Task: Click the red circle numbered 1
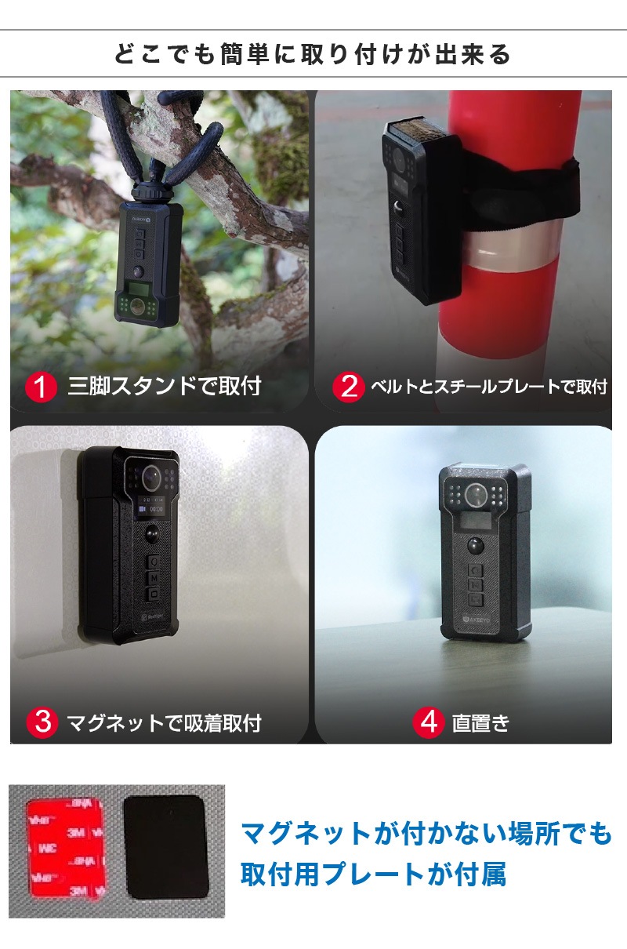(41, 387)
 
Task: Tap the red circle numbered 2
(349, 387)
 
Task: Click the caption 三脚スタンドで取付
(165, 387)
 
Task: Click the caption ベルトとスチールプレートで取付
(489, 387)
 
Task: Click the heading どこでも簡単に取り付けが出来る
(313, 54)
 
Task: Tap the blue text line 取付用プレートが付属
(373, 874)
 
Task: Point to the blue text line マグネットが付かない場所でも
(426, 833)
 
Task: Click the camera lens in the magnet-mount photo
(151, 477)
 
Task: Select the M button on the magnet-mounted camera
(154, 578)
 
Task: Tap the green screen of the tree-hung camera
(139, 290)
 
